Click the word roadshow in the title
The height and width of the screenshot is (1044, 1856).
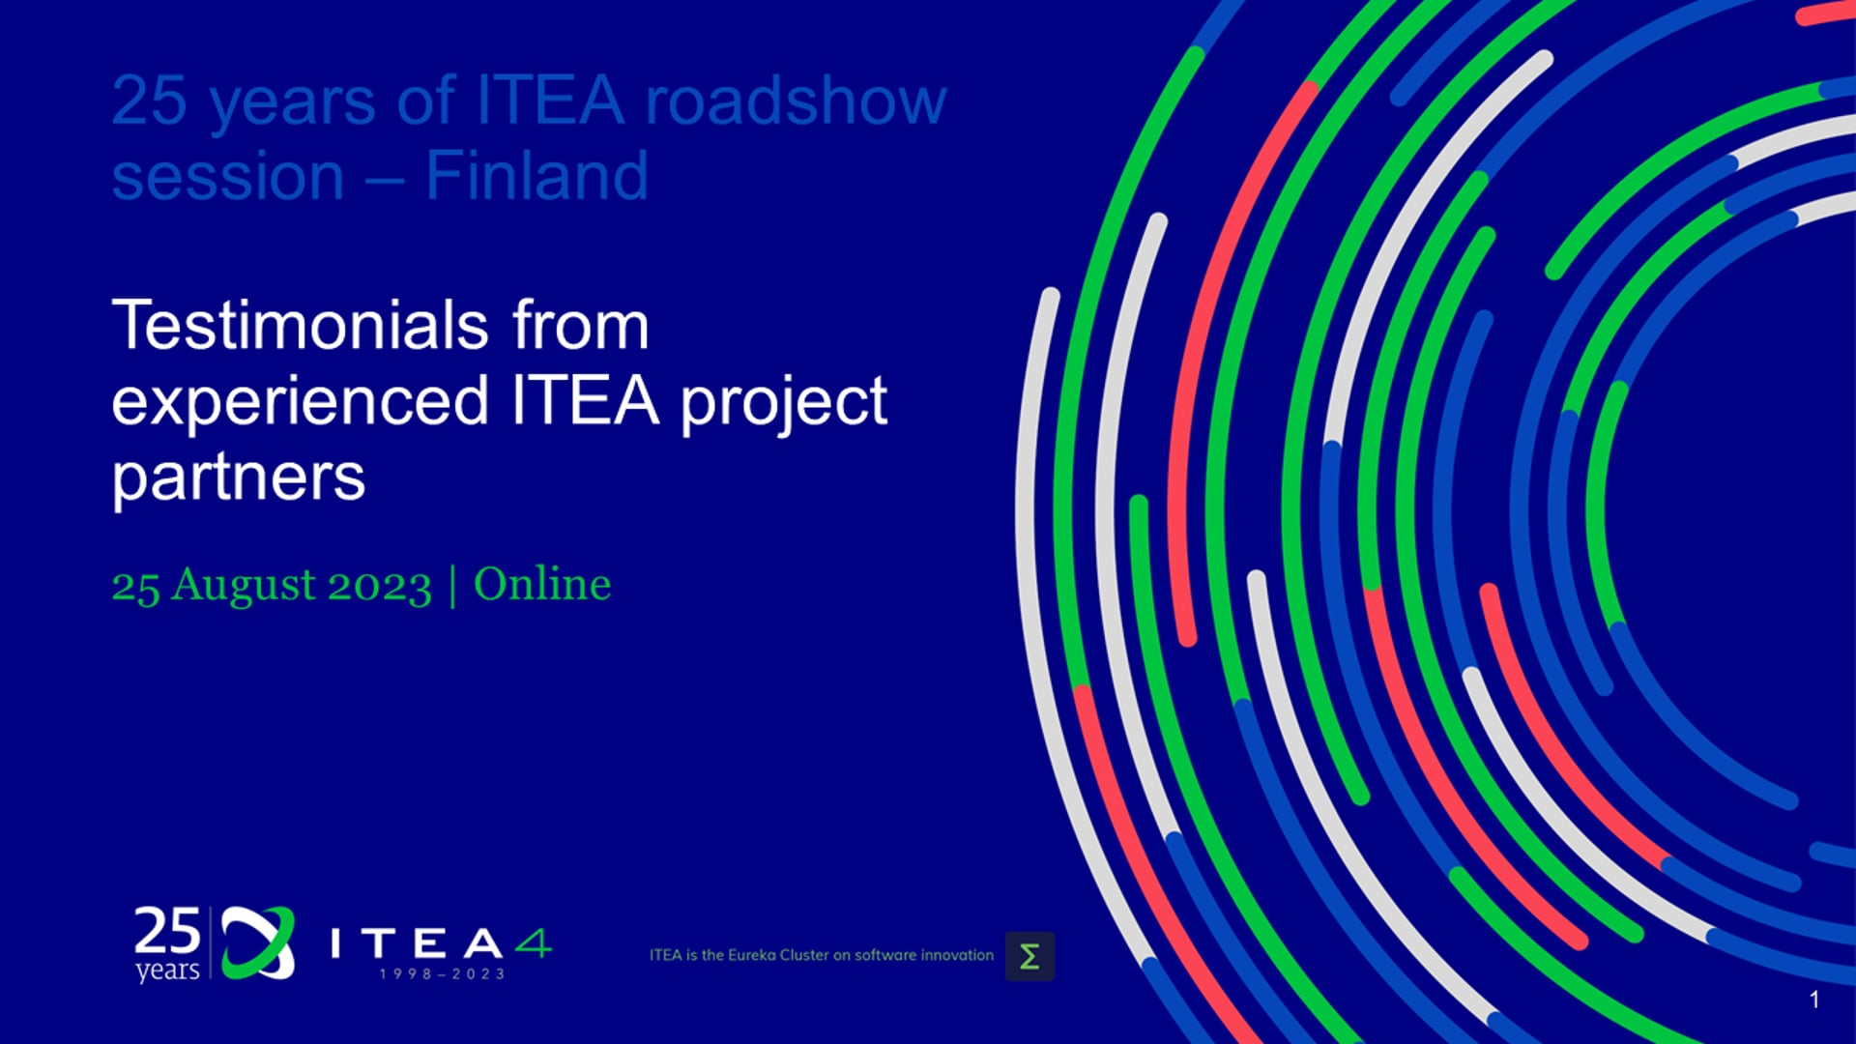796,101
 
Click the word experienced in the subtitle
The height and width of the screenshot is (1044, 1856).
300,402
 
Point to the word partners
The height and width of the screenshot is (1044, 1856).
239,478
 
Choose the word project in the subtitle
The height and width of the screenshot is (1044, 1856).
784,402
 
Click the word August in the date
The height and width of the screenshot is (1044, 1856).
244,586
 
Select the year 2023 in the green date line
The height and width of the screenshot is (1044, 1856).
380,586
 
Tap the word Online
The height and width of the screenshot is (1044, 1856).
542,584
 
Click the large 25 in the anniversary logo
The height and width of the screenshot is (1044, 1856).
167,931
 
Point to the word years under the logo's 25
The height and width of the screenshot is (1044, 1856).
167,970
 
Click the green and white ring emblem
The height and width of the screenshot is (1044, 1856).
258,942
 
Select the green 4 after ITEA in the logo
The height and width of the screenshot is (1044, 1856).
533,942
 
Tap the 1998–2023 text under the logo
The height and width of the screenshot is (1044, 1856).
442,973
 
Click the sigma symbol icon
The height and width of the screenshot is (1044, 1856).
1029,956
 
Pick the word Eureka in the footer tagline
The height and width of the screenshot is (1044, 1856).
751,955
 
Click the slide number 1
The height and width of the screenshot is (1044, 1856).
1814,1000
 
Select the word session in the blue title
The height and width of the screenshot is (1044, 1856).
228,177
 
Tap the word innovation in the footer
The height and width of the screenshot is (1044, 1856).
957,955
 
